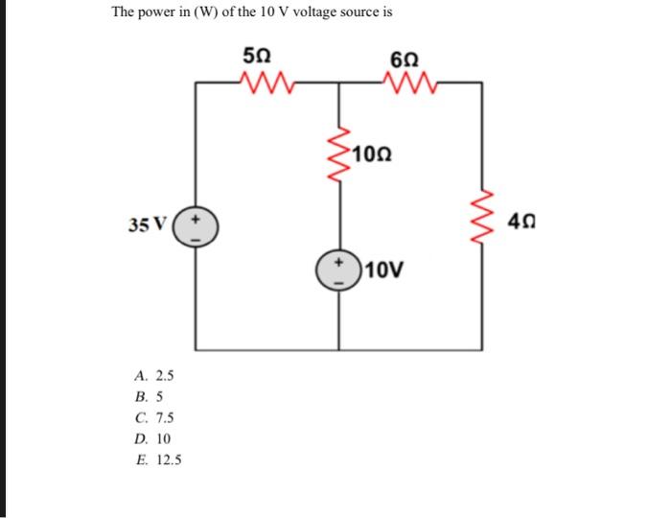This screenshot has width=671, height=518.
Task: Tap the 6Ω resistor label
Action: coord(404,54)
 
